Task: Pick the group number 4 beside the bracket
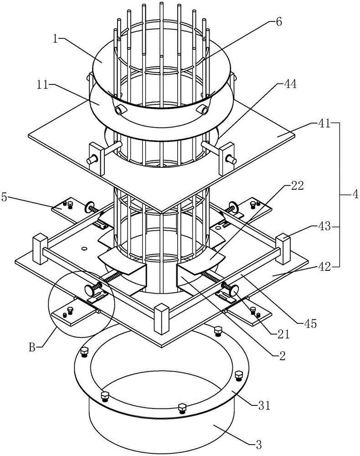pos(355,195)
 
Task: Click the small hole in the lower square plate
pos(84,249)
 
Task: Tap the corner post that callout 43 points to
pos(283,249)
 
